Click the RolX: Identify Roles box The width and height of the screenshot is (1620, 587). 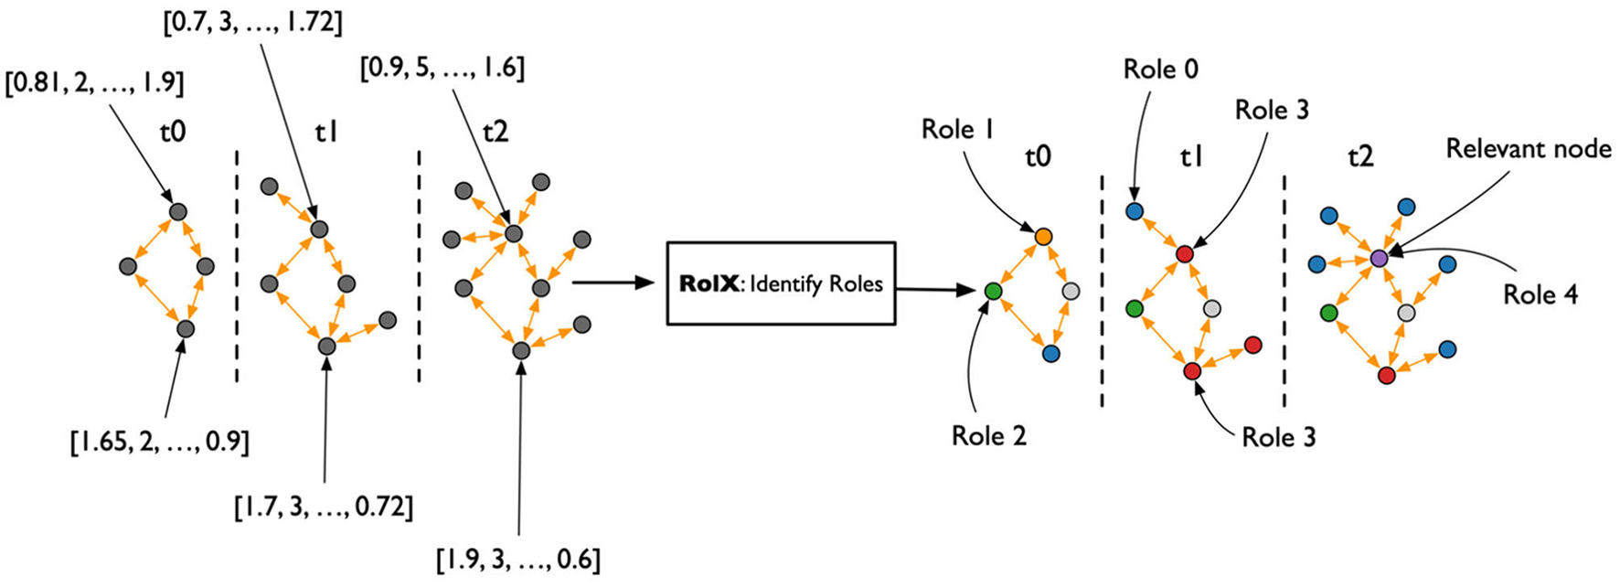781,283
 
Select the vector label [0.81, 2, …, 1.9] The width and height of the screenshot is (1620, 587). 94,84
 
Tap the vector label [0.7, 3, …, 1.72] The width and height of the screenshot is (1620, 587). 252,22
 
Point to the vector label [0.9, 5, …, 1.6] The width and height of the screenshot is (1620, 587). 442,68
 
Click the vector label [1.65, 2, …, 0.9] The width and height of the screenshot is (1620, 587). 160,443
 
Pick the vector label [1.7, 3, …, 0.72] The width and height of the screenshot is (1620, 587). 324,505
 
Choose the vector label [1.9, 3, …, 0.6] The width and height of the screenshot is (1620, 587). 518,558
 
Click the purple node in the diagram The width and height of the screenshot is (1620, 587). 1380,259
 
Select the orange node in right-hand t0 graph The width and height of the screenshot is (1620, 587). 1043,237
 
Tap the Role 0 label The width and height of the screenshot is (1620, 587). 1160,69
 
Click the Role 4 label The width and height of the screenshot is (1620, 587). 1540,294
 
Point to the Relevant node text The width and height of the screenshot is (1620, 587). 1528,149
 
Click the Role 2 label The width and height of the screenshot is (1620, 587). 988,436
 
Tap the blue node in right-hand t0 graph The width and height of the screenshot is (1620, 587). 1050,353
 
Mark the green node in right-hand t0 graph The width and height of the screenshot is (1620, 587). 994,292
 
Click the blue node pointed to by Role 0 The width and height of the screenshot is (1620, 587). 1135,212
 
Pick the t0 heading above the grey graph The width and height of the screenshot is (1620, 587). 173,132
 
